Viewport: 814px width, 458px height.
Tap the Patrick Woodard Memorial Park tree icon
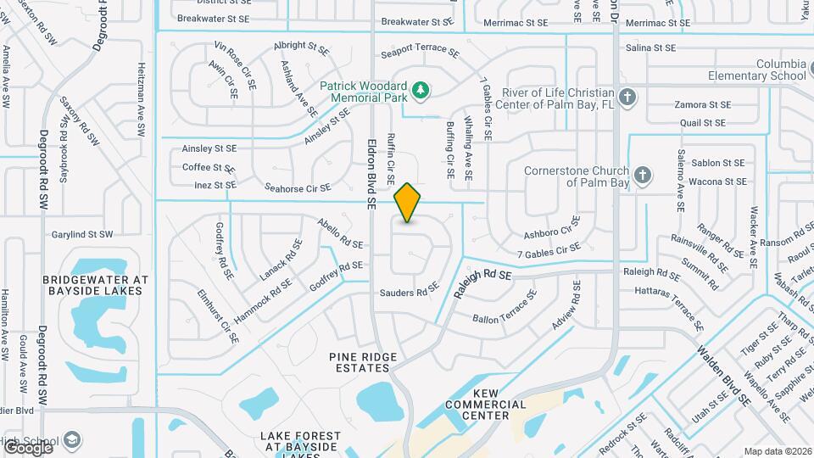point(419,89)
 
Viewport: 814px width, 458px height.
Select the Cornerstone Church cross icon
point(643,176)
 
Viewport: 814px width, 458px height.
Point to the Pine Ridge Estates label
point(363,363)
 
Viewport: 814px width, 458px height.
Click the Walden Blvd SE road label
point(723,375)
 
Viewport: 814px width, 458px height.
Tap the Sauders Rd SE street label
point(409,292)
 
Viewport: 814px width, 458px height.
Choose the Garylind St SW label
point(82,234)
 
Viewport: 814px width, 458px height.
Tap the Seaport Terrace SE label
point(420,53)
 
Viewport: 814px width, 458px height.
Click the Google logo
point(27,447)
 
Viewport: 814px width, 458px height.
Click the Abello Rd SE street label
point(340,232)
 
